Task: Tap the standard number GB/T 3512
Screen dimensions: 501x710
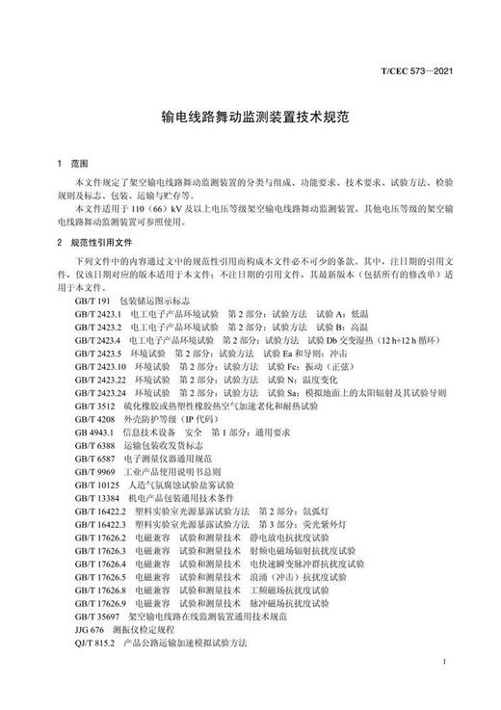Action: point(93,407)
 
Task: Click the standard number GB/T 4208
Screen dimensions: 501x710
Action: point(93,420)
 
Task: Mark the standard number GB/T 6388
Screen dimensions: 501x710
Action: point(93,446)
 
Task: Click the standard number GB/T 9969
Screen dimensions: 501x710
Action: point(93,472)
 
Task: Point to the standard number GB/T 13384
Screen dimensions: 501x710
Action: point(96,498)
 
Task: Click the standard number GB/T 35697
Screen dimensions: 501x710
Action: point(96,616)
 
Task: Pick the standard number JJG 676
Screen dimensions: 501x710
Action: point(89,629)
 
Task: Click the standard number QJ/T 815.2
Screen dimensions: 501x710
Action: point(95,642)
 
